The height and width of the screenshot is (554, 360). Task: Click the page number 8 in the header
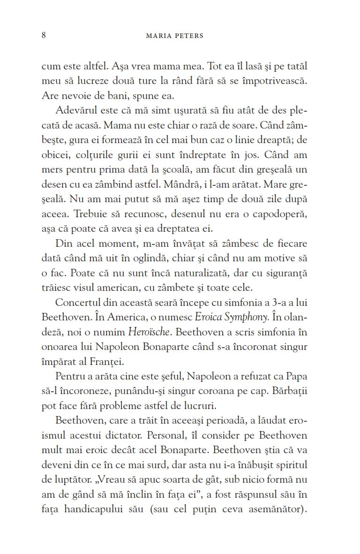pyautogui.click(x=44, y=36)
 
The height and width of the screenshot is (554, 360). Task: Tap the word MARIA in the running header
pyautogui.click(x=161, y=36)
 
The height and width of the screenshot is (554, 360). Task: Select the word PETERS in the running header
pyautogui.click(x=189, y=36)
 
